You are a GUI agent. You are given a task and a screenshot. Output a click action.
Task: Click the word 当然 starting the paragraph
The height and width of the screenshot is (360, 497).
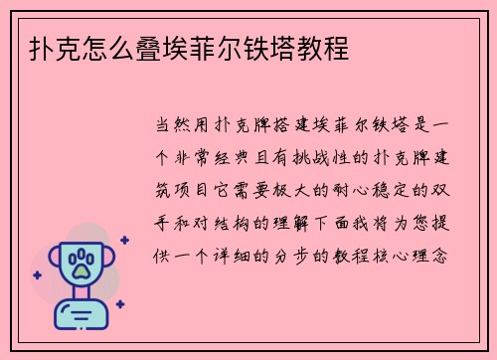tap(168, 127)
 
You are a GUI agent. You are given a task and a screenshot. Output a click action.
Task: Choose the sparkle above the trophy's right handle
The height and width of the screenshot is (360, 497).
tap(123, 241)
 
